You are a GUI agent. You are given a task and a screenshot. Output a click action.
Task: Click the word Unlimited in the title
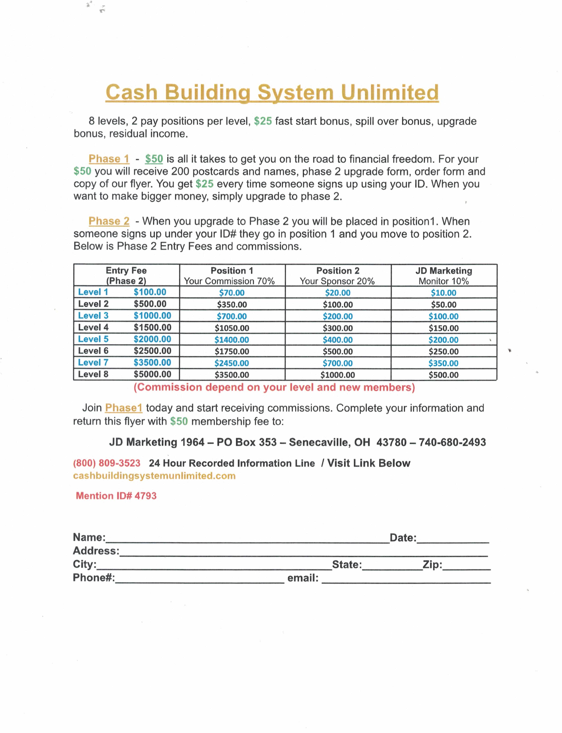[389, 92]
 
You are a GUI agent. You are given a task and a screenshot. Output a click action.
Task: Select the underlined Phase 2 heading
[109, 221]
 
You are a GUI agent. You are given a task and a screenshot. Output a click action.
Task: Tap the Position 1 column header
[232, 270]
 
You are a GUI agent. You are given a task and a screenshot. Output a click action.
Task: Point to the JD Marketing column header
[444, 270]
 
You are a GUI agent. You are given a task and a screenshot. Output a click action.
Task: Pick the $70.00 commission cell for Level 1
[232, 292]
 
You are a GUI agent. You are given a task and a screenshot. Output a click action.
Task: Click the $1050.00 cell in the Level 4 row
[232, 328]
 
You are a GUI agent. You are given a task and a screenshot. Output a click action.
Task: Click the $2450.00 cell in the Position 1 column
[232, 363]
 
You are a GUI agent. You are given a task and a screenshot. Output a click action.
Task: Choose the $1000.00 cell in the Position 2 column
[338, 375]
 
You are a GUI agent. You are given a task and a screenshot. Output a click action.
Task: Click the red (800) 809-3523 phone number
[107, 463]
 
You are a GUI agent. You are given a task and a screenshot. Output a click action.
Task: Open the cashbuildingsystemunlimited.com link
[154, 476]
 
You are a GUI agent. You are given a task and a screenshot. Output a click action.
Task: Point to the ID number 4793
[146, 496]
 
